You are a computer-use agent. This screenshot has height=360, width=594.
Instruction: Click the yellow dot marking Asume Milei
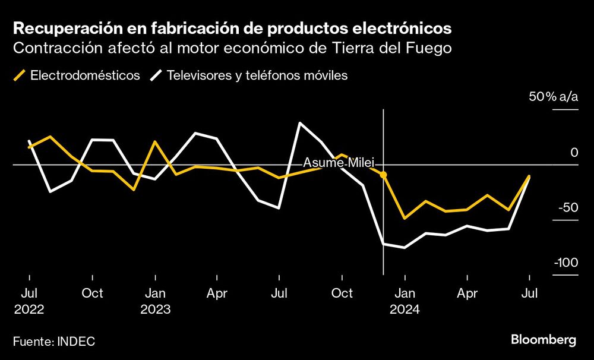(384, 175)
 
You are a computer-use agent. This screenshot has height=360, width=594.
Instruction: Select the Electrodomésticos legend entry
(77, 75)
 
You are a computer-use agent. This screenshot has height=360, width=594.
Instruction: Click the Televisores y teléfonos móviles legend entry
(249, 75)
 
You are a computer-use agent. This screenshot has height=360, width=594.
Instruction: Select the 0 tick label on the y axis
(574, 153)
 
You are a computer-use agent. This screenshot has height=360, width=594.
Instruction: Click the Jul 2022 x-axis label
(29, 301)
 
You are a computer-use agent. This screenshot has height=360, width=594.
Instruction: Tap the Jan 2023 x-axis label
(155, 301)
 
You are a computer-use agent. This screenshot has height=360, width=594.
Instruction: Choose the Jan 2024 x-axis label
(405, 301)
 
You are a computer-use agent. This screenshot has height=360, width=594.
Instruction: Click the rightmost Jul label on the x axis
(529, 293)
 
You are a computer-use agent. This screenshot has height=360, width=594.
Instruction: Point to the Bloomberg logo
(543, 340)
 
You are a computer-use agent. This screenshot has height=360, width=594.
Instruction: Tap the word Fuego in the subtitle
(429, 48)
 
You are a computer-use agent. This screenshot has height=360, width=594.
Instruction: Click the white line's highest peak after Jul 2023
(300, 123)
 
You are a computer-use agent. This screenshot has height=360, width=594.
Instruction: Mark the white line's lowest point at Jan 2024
(405, 247)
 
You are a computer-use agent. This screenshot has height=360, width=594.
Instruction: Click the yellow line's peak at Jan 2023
(155, 142)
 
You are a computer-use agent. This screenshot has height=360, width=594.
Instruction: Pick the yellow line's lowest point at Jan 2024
(405, 218)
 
